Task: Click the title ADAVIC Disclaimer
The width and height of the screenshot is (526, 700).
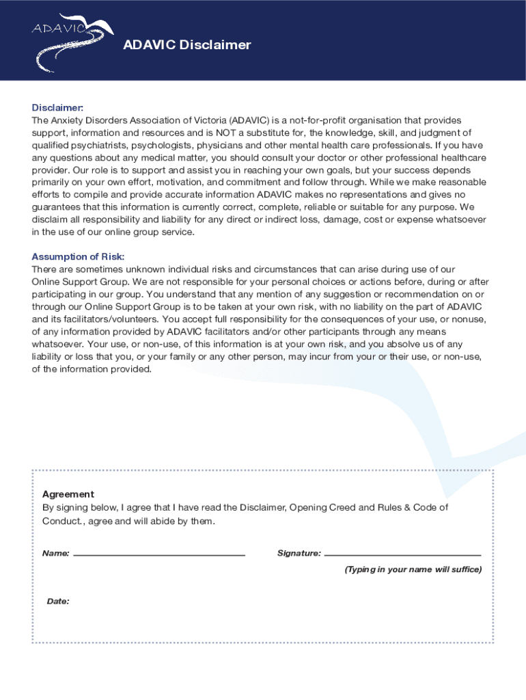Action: tap(186, 45)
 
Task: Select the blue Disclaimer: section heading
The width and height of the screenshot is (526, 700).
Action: tap(57, 108)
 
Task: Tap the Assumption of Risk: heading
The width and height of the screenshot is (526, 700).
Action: tap(78, 257)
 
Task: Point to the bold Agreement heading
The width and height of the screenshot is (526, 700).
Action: tap(68, 494)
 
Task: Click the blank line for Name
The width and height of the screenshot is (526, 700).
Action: tap(159, 554)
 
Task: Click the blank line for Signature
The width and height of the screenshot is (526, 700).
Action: tap(403, 554)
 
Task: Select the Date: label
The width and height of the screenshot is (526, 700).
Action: tap(58, 602)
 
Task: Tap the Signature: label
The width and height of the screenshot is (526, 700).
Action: tap(299, 553)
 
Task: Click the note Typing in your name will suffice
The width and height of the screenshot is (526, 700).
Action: tap(413, 569)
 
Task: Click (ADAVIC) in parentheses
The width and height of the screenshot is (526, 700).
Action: tap(250, 120)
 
